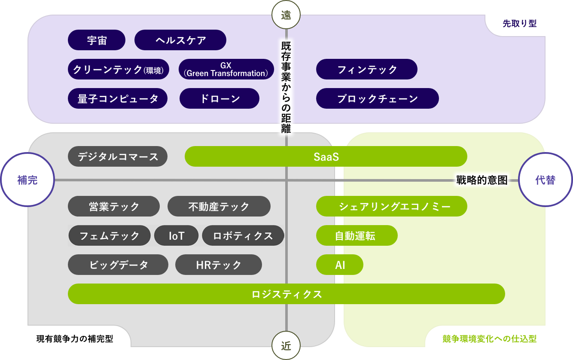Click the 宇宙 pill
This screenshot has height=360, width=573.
97,40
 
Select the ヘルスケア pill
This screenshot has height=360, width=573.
180,40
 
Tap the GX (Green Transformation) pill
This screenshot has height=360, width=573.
226,69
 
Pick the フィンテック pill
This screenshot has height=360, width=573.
367,70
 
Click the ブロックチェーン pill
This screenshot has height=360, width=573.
377,99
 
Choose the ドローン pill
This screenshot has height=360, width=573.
219,99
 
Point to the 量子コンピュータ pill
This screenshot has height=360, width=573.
118,99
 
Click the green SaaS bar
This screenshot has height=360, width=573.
326,157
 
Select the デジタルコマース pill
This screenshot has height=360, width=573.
118,157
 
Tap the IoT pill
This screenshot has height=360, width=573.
176,236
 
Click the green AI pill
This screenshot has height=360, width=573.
340,265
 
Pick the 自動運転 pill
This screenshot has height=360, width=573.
357,236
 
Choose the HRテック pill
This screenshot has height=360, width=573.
219,265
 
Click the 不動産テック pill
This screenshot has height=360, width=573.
219,207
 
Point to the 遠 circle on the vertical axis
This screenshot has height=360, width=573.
286,15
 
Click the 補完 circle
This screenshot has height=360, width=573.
27,180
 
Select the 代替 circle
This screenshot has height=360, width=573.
546,180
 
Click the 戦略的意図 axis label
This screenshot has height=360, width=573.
482,180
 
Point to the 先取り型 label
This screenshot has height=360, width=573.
519,24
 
